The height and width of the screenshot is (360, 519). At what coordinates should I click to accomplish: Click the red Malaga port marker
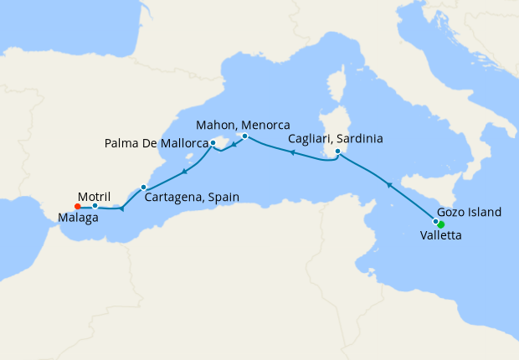[77, 206]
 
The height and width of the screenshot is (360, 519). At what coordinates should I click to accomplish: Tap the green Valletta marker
[441, 224]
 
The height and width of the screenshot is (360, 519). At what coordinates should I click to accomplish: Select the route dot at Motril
[95, 206]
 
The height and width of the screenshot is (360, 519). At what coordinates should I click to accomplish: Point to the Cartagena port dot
[144, 187]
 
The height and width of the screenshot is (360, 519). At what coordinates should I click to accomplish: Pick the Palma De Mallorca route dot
[213, 143]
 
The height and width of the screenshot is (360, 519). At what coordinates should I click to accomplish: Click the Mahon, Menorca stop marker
[244, 136]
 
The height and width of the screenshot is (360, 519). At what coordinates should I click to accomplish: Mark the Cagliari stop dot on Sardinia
[337, 152]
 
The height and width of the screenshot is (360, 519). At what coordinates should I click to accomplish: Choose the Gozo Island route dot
[434, 221]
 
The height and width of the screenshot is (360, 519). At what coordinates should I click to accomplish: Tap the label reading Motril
[94, 192]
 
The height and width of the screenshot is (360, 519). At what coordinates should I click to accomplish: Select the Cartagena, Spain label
[192, 198]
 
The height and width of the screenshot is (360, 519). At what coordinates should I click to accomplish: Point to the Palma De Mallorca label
[157, 144]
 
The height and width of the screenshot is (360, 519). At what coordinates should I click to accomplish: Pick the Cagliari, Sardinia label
[336, 139]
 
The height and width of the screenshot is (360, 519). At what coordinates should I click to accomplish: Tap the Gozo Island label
[470, 213]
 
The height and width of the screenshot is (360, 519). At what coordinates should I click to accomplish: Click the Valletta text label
[440, 237]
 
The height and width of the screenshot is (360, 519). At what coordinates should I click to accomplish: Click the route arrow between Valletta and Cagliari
[388, 183]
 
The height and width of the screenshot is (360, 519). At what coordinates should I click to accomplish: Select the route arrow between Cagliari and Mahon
[291, 152]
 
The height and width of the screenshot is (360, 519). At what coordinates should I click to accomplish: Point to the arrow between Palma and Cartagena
[182, 171]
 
